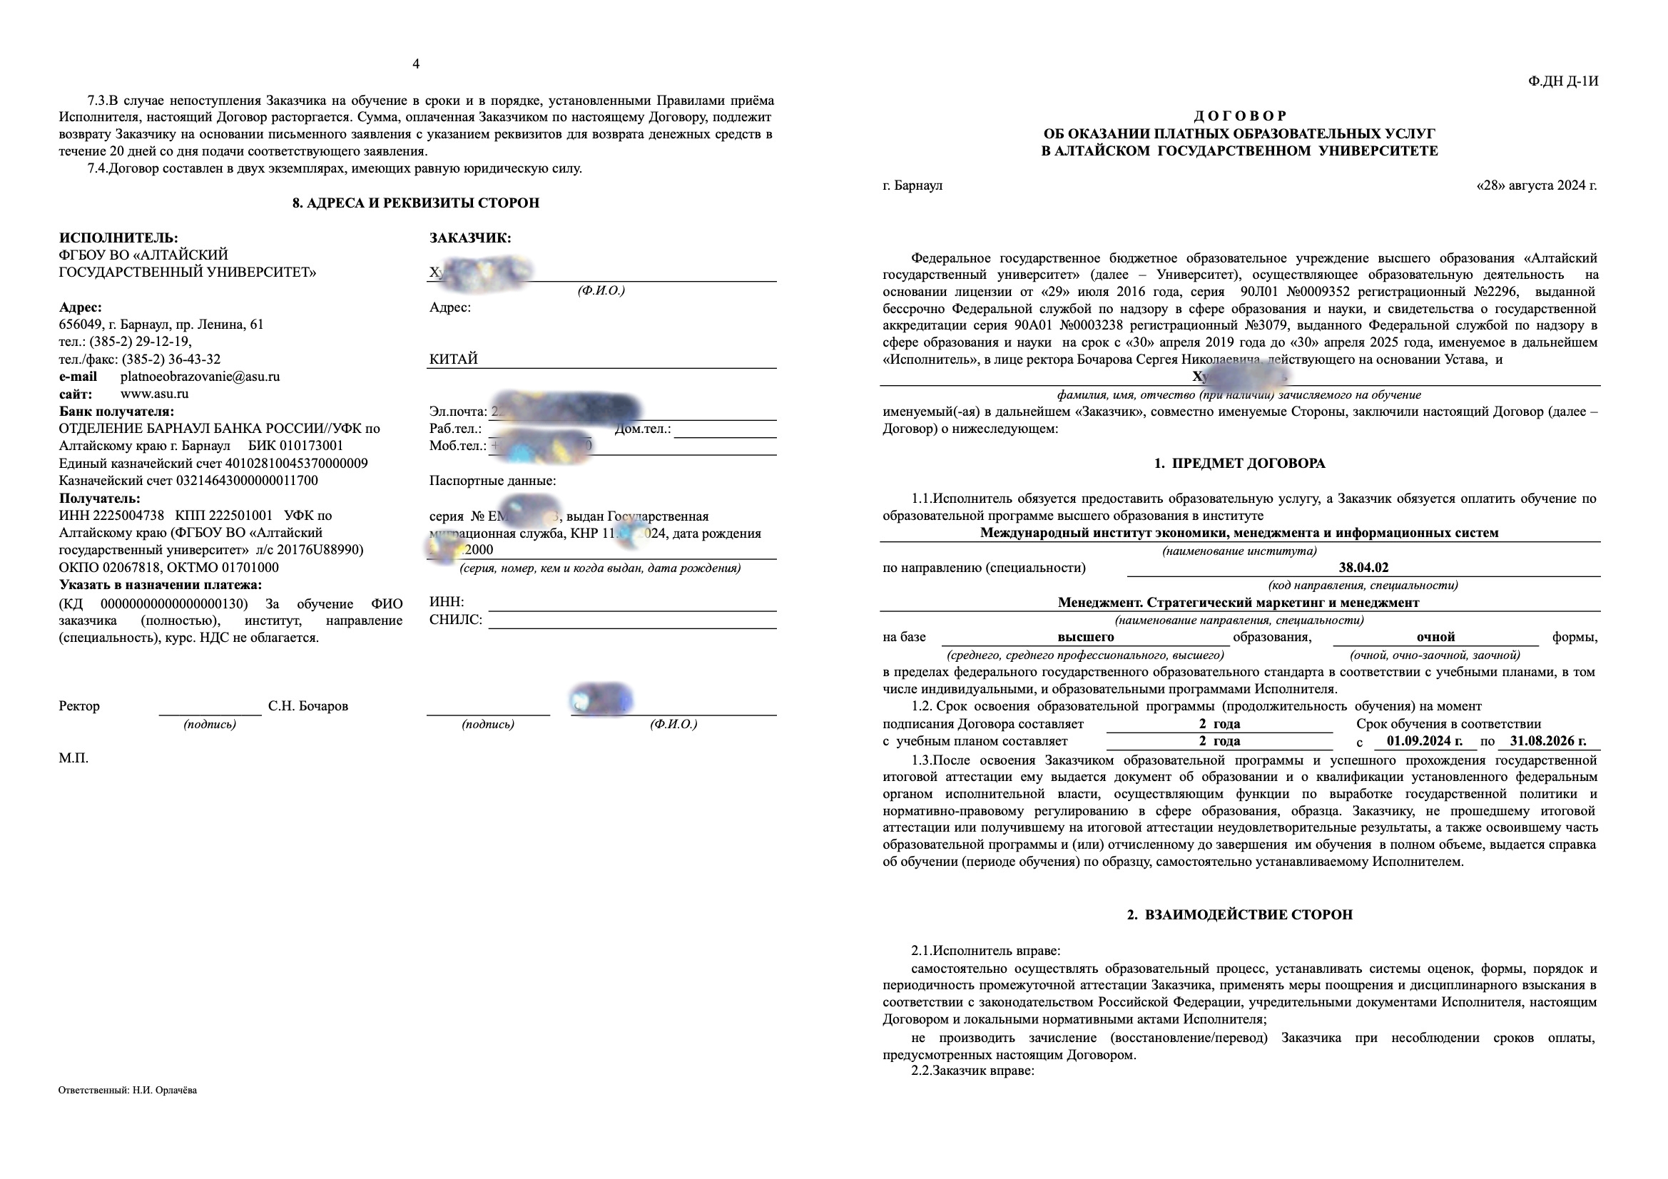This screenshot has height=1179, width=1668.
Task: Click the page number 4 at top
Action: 415,64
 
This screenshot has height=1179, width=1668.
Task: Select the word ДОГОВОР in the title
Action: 1239,116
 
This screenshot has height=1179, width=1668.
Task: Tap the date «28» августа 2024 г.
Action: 1537,185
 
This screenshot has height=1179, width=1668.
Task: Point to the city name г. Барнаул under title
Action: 912,185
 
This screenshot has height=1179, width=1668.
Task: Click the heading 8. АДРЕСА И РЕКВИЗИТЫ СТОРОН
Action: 415,203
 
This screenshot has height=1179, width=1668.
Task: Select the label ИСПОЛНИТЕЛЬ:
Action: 118,238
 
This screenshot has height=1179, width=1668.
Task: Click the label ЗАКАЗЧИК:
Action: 470,238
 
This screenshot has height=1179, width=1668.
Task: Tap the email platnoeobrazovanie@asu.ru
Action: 200,377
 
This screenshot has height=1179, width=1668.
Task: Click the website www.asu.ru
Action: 154,394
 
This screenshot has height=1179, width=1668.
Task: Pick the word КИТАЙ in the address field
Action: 453,359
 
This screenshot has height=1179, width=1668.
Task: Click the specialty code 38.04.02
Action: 1363,568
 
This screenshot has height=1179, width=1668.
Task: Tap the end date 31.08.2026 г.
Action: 1547,741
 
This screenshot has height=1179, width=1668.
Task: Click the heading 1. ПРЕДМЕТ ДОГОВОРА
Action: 1239,464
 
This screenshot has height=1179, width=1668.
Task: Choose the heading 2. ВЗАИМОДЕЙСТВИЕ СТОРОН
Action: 1239,915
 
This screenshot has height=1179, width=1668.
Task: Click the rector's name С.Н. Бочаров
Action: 308,706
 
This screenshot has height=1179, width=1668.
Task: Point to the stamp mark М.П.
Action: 73,758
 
